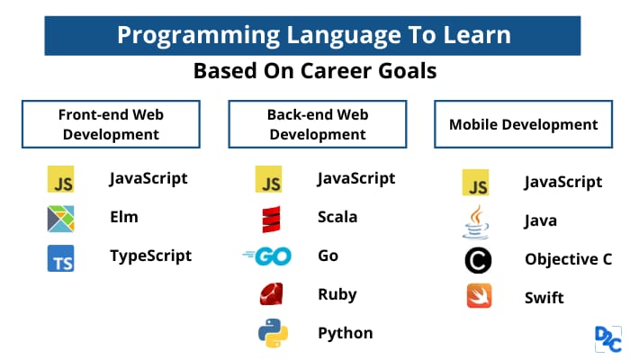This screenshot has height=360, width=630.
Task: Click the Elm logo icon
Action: pos(60,219)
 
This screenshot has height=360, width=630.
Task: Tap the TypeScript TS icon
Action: pos(60,258)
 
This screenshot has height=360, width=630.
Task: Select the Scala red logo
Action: pos(271,220)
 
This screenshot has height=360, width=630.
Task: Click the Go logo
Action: pos(267,256)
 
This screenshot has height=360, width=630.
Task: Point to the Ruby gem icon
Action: pos(271,293)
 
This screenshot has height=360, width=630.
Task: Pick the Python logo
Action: pos(273,333)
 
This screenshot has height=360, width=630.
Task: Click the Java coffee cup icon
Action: pos(475,222)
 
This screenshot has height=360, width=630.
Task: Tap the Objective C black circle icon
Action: pos(478,260)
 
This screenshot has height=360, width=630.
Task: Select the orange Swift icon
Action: pos(479,296)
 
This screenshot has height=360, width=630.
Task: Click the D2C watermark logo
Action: pos(608,339)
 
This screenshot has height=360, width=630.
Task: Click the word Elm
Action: pos(124,217)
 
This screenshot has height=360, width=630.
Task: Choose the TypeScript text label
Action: pos(150,256)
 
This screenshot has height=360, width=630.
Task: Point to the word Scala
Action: pos(337,217)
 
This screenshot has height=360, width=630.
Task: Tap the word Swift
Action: pos(544,298)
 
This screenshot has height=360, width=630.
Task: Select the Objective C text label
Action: pos(569,259)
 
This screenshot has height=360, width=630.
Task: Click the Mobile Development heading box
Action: pos(524,124)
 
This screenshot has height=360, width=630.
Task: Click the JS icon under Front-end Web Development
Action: pos(60,179)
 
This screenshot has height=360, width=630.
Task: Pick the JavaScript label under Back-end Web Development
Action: pos(356,178)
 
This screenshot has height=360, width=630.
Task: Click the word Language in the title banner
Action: pos(344,35)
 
